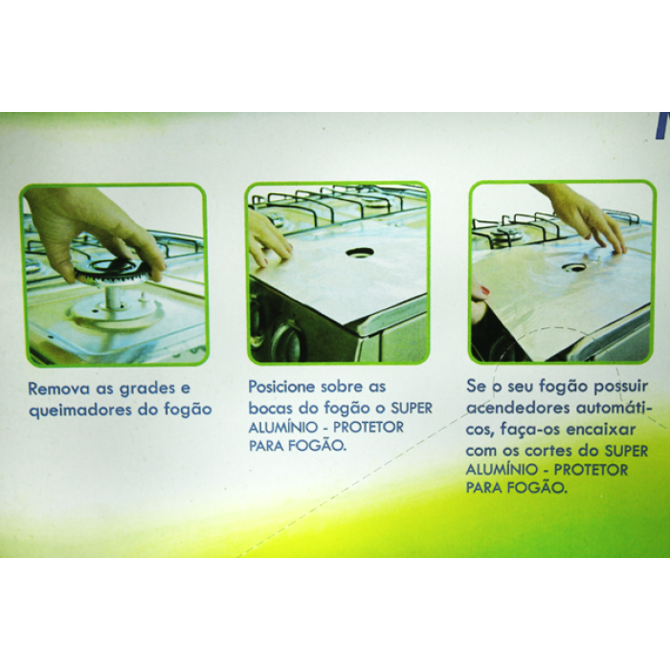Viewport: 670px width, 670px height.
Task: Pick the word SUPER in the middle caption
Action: pyautogui.click(x=412, y=409)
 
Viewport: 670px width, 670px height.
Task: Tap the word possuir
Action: pyautogui.click(x=621, y=387)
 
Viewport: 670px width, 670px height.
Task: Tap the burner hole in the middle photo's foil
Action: pyautogui.click(x=360, y=253)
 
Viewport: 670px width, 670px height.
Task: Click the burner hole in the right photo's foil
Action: pyautogui.click(x=573, y=267)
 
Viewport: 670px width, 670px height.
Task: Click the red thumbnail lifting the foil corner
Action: pyautogui.click(x=484, y=291)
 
